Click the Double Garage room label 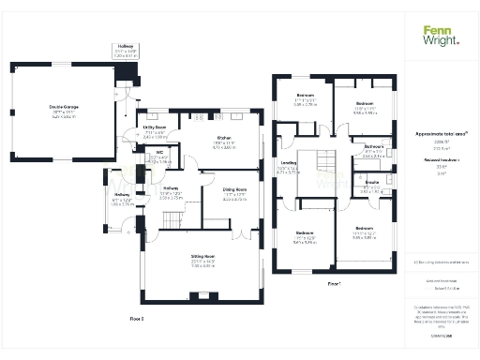pos(64,108)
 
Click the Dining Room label pos(234,191)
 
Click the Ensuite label pos(371,183)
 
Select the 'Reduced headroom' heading pos(439,160)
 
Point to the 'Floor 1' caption pos(334,282)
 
